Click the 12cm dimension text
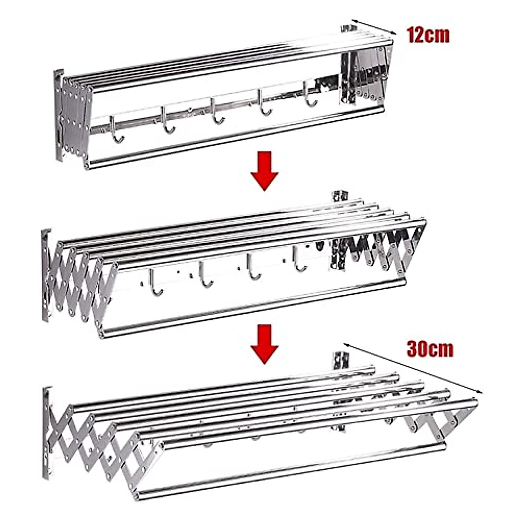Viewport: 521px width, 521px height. tap(428, 35)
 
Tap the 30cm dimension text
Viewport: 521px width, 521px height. tap(430, 349)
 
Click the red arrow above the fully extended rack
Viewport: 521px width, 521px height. tap(264, 343)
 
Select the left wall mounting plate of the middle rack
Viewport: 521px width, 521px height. tap(46, 276)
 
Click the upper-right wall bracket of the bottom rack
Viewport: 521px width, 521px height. tap(341, 360)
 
